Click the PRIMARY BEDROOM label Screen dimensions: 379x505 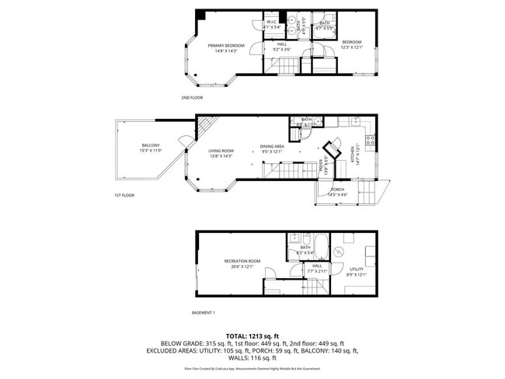tap(226, 46)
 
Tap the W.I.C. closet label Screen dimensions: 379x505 tap(272, 22)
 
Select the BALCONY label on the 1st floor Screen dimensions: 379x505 tap(151, 145)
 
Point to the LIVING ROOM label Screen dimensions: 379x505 tap(221, 151)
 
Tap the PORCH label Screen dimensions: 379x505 tap(337, 189)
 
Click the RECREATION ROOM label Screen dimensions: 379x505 tap(242, 261)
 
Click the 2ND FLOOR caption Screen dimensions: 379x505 tap(191, 98)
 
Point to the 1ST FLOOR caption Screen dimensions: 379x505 tap(124, 196)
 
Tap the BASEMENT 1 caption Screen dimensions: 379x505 tap(204, 312)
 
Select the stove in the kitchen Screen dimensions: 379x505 tap(371, 141)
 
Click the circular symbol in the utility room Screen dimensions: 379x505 tap(338, 253)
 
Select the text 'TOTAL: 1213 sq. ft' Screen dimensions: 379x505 tap(252, 333)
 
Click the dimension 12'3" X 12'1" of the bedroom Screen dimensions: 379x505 tap(352, 47)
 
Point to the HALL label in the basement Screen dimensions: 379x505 tap(317, 266)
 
